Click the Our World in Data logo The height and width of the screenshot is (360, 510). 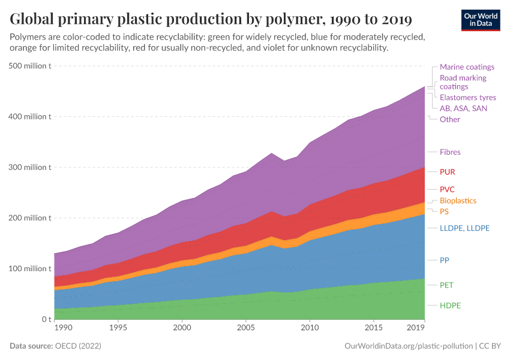[x=480, y=20]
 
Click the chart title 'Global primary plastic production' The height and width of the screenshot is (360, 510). [x=211, y=20]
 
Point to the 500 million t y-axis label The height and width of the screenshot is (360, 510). [x=29, y=66]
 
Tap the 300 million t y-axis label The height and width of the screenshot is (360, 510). [x=29, y=167]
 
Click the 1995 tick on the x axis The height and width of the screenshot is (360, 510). [x=118, y=329]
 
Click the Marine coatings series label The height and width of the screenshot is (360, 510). [x=467, y=67]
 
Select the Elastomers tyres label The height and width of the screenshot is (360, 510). [x=467, y=97]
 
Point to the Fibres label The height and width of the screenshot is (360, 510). [x=450, y=152]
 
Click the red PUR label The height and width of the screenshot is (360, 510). [x=447, y=172]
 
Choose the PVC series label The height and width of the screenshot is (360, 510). [x=447, y=190]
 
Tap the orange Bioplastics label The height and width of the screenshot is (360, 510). [x=458, y=201]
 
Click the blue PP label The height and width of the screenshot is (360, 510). [x=445, y=260]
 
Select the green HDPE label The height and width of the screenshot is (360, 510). [x=450, y=306]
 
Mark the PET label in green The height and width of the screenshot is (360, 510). [x=447, y=285]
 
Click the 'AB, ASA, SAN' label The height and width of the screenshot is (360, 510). [x=463, y=109]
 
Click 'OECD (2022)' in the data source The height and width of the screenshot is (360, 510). [x=77, y=346]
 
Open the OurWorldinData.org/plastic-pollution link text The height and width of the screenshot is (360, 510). [x=409, y=346]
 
